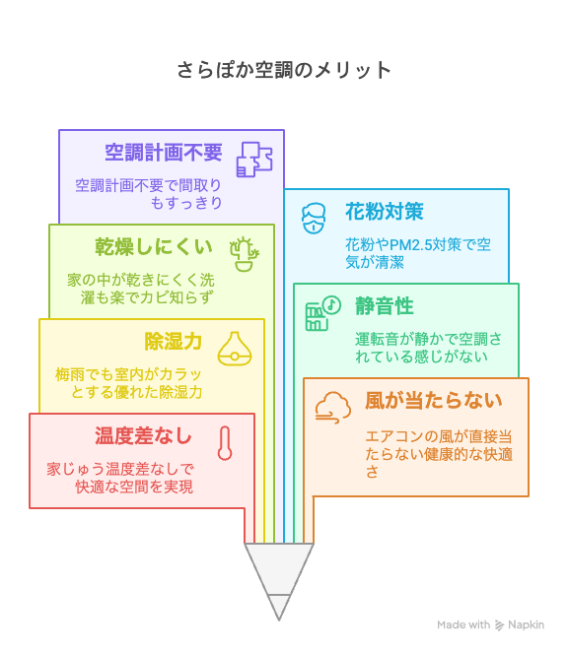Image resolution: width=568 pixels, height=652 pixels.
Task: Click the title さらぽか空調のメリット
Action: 284,70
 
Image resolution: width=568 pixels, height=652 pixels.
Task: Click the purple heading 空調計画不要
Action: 164,153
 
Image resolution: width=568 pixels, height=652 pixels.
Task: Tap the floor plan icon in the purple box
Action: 254,160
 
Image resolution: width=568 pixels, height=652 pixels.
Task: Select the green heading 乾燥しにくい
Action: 154,247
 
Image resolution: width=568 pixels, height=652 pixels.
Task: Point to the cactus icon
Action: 245,254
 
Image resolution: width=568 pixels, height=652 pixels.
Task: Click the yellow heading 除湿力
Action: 174,342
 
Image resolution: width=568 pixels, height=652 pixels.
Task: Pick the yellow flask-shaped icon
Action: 235,349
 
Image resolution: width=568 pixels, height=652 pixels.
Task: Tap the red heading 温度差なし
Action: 143,435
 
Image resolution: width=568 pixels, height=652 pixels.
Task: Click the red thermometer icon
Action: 225,443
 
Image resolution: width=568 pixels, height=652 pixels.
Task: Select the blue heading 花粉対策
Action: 385,211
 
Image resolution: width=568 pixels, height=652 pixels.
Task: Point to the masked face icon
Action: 314,219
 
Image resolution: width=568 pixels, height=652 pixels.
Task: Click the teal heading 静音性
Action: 385,305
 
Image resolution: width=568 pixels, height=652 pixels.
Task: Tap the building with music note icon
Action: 323,313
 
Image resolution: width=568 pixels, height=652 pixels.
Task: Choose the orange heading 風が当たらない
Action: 434,400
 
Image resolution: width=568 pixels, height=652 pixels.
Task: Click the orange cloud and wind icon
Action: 332,408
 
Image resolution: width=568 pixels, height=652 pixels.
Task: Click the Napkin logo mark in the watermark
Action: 499,625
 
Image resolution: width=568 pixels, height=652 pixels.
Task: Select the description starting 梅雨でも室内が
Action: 128,383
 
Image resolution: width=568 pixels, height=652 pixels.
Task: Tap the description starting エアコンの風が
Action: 439,454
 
